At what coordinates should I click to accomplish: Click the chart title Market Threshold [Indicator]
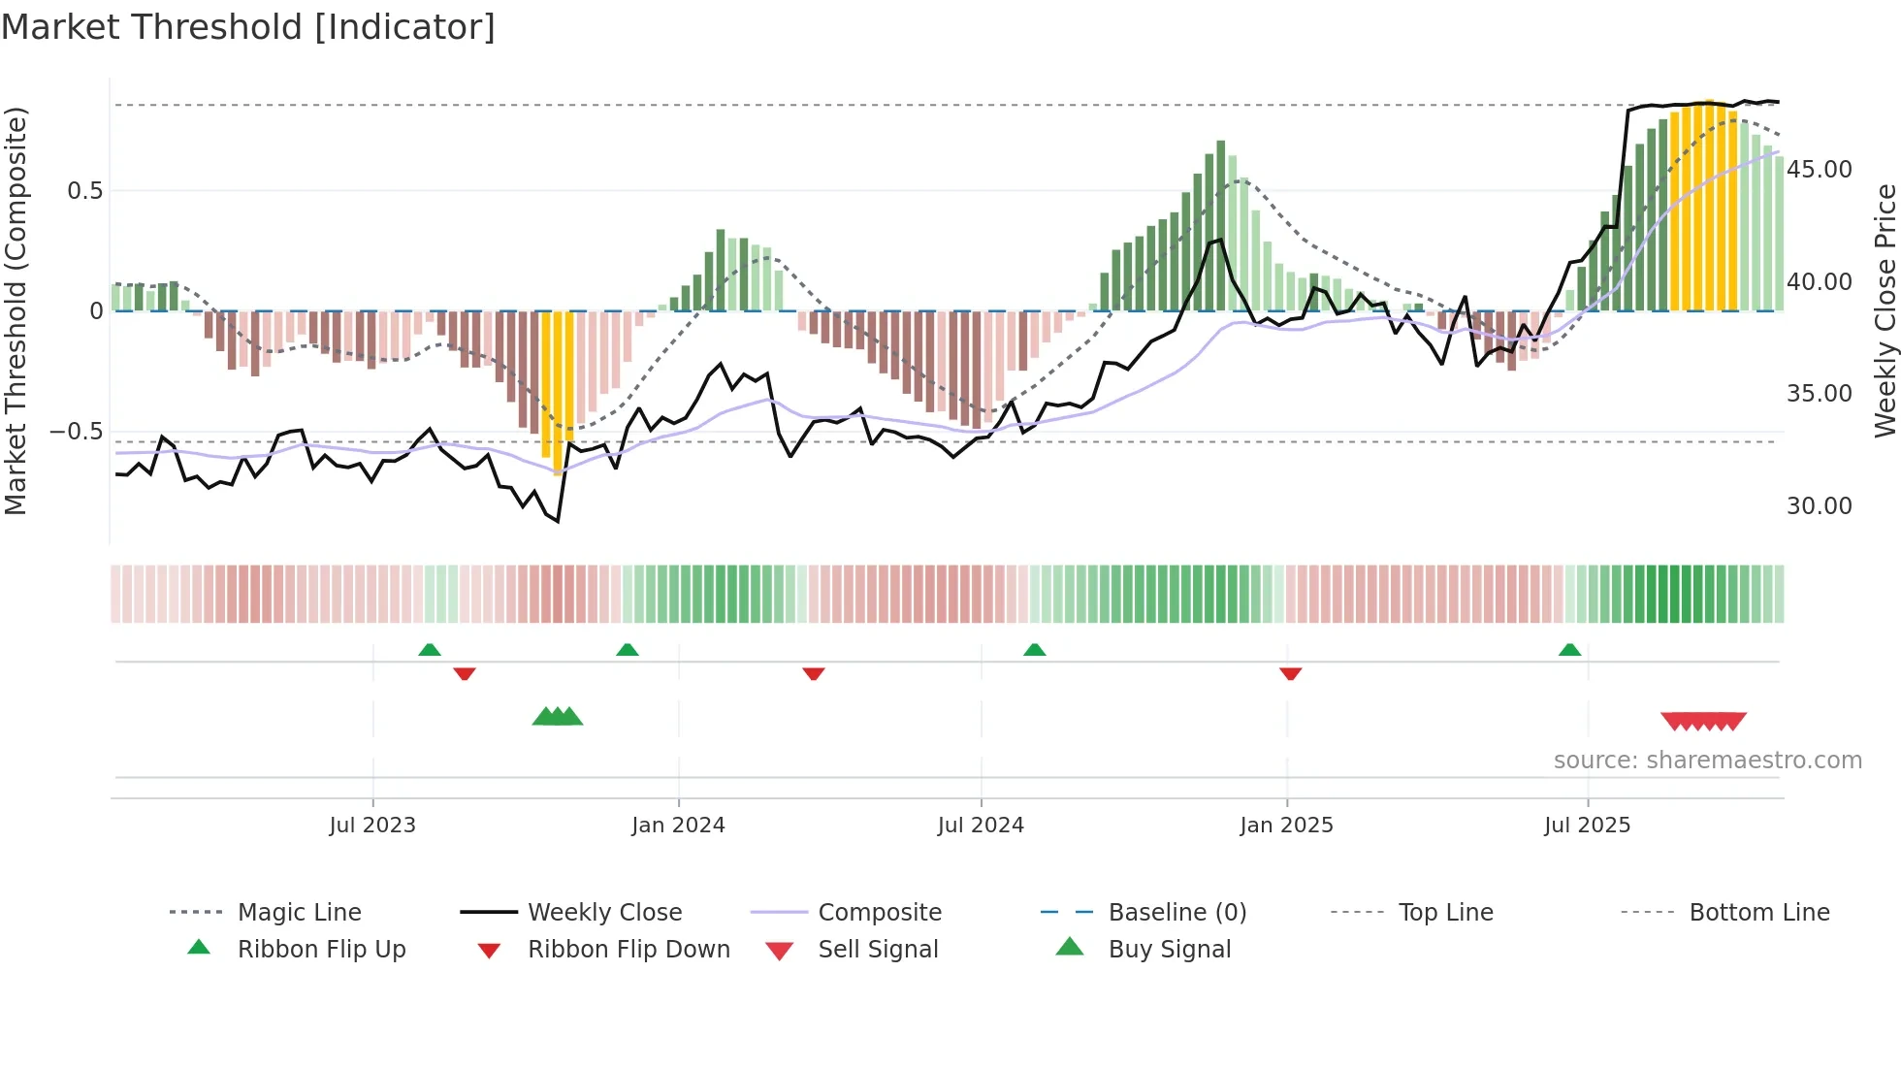[248, 27]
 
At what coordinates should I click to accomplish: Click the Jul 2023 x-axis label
[372, 826]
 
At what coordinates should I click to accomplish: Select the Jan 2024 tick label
[678, 826]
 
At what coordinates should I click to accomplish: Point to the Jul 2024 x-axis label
[981, 826]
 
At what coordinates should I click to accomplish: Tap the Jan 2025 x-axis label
[1286, 826]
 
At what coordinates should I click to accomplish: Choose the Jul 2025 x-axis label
[1588, 826]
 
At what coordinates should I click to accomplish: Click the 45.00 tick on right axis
[1820, 170]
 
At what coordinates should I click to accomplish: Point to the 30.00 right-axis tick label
[1820, 506]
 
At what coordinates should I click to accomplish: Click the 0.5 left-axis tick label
[85, 191]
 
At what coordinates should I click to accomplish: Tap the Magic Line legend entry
[299, 913]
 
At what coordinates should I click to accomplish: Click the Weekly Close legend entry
[604, 913]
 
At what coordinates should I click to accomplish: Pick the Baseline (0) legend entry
[1176, 913]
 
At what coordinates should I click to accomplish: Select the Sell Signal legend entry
[878, 950]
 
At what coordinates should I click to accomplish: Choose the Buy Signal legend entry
[1169, 950]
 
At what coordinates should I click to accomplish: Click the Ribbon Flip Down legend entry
[628, 950]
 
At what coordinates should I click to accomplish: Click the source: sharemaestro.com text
[1707, 761]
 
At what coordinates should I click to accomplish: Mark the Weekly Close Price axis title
[1885, 310]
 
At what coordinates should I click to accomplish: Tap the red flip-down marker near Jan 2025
[1290, 673]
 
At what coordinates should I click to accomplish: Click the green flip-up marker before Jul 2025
[1569, 650]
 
